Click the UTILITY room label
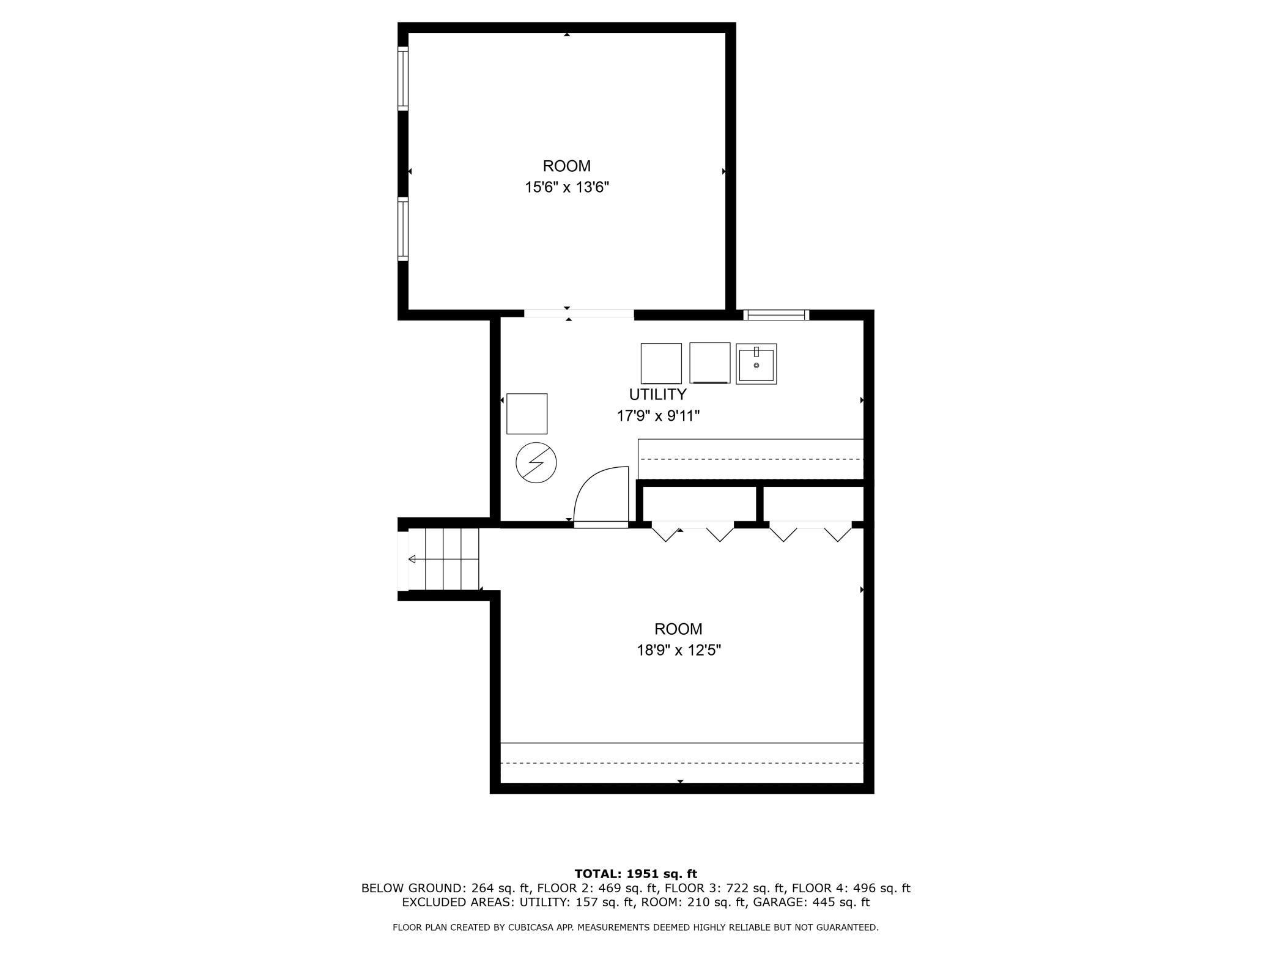click(657, 394)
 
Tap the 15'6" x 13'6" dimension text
click(567, 187)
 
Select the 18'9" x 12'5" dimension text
click(679, 650)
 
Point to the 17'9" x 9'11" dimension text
click(657, 416)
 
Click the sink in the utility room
click(756, 364)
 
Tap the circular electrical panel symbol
click(536, 463)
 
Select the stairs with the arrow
click(443, 559)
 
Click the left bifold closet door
click(692, 532)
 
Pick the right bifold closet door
click(810, 532)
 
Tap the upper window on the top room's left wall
click(403, 78)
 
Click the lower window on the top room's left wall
click(403, 229)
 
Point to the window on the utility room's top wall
click(776, 315)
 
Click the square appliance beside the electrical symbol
click(527, 414)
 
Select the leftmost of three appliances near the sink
click(661, 363)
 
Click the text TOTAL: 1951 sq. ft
click(635, 874)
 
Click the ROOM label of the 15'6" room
click(567, 166)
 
